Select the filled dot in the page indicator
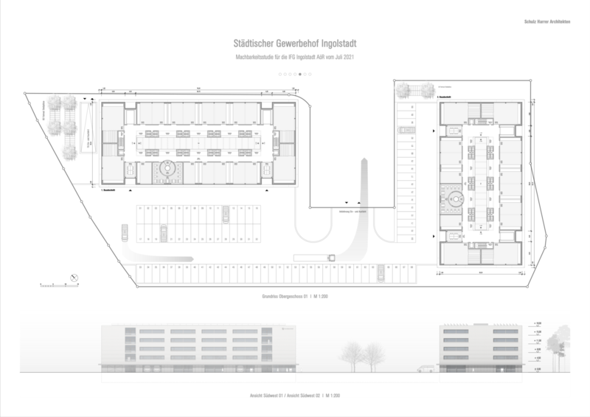click(x=300, y=75)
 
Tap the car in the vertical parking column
click(x=404, y=128)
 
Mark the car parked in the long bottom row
click(x=381, y=273)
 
